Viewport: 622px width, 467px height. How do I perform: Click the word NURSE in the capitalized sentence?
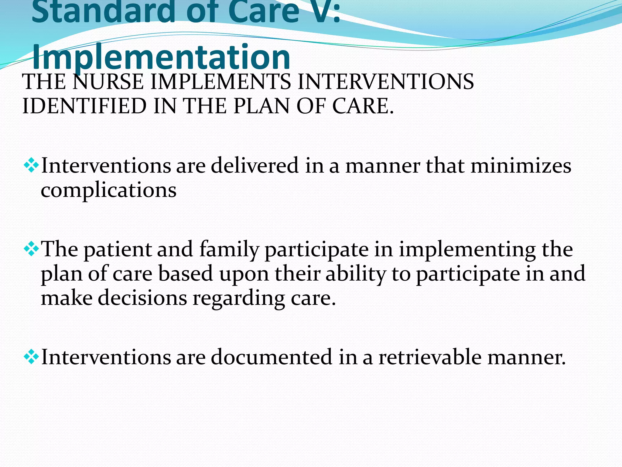108,82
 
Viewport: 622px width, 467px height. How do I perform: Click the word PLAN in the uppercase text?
261,106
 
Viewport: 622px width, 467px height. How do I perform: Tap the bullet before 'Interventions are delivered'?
31,166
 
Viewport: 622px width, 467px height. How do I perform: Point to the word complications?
108,190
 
